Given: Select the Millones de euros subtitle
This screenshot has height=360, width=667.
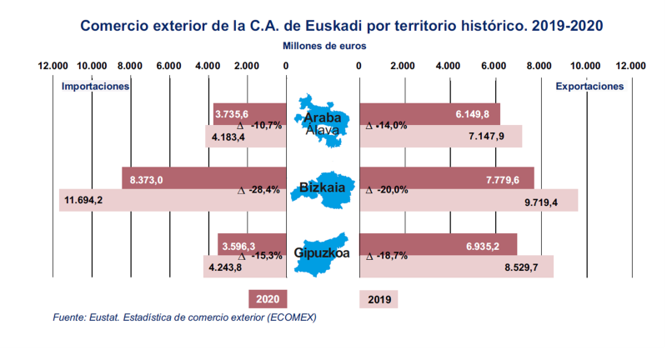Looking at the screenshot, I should tap(324, 46).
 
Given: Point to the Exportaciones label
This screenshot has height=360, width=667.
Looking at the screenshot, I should tap(589, 86).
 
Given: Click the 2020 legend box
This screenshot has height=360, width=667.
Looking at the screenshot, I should tap(268, 299).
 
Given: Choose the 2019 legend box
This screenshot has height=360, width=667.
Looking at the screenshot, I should tap(379, 299).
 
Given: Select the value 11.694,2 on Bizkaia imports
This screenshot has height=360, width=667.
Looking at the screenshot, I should tap(82, 200).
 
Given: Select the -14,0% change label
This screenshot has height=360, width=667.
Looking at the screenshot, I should tap(387, 126).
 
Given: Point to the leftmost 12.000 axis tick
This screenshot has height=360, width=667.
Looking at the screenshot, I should tap(54, 66).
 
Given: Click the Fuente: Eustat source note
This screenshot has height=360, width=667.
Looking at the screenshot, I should tap(184, 317).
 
